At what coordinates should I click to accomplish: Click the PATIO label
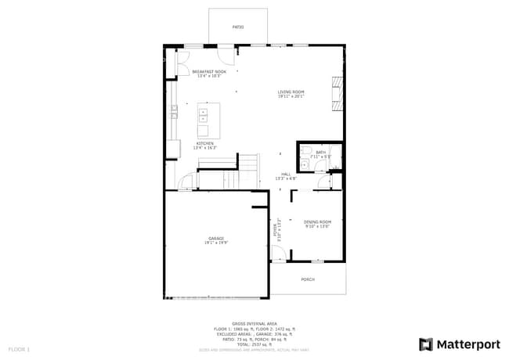point(238,27)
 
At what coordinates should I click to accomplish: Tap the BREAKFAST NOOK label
point(208,71)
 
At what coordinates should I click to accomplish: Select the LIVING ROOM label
point(291,92)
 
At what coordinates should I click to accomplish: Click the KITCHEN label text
point(205,144)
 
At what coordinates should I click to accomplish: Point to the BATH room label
point(320,153)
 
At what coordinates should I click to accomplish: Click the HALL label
point(286,175)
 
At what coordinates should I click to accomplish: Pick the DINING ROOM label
point(317,221)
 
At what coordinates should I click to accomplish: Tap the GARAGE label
point(216,238)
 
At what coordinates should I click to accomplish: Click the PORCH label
point(308,279)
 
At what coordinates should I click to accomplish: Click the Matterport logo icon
point(426,344)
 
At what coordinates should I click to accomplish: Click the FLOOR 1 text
point(19,348)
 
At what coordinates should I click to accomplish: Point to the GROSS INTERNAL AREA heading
point(254,322)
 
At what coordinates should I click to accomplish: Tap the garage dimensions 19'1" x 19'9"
point(216,243)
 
